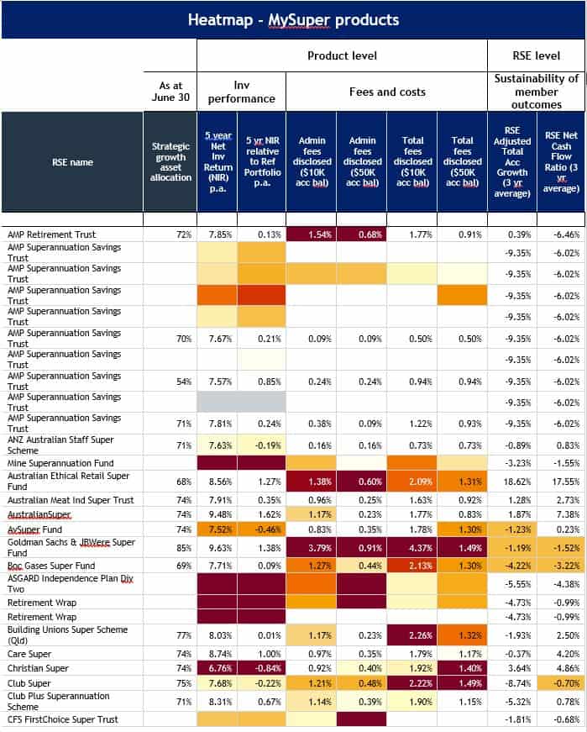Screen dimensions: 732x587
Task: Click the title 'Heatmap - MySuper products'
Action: pyautogui.click(x=293, y=19)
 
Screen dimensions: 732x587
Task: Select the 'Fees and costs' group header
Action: pyautogui.click(x=387, y=92)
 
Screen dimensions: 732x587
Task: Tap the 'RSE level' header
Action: pyautogui.click(x=537, y=55)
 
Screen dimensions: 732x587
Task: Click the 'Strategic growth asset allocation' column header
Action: pyautogui.click(x=170, y=161)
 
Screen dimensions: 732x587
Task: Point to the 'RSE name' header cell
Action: pyautogui.click(x=72, y=161)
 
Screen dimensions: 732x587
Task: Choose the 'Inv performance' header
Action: pyautogui.click(x=242, y=92)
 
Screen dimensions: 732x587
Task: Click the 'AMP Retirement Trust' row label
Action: pyautogui.click(x=51, y=234)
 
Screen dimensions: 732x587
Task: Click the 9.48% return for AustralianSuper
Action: pyautogui.click(x=222, y=515)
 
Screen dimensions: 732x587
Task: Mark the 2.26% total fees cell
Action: pyautogui.click(x=412, y=635)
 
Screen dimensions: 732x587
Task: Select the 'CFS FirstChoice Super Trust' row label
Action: pyautogui.click(x=63, y=719)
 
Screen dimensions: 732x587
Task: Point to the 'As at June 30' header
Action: pyautogui.click(x=170, y=92)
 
